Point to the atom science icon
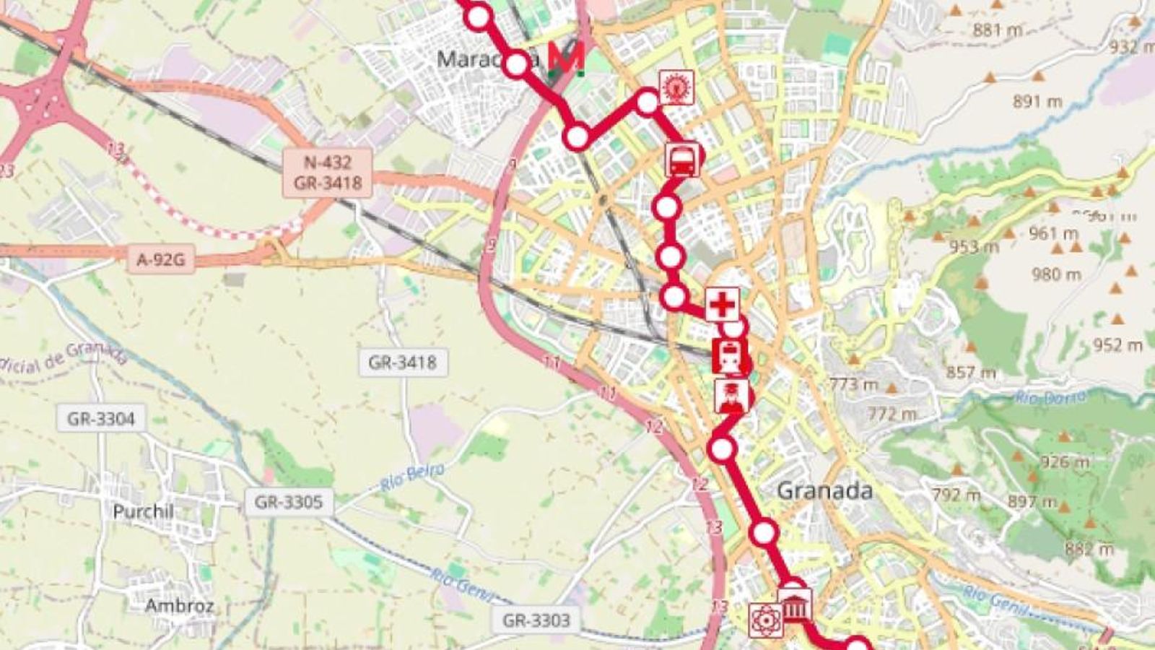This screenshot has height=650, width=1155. pyautogui.click(x=765, y=620)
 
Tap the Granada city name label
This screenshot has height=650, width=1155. pyautogui.click(x=824, y=491)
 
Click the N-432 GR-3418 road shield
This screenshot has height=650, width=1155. pyautogui.click(x=328, y=173)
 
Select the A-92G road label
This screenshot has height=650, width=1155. pyautogui.click(x=160, y=259)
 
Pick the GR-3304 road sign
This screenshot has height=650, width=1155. pyautogui.click(x=101, y=418)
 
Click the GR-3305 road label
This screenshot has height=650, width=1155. pyautogui.click(x=289, y=501)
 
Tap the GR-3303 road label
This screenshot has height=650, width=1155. pyautogui.click(x=536, y=620)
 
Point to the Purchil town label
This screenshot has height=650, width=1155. pyautogui.click(x=143, y=511)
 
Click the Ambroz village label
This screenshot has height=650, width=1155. pyautogui.click(x=179, y=604)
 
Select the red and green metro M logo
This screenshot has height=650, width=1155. pyautogui.click(x=566, y=59)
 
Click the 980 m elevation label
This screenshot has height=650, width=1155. pyautogui.click(x=1056, y=274)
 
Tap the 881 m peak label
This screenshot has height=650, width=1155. pyautogui.click(x=997, y=30)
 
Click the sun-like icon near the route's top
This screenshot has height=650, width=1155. pyautogui.click(x=676, y=87)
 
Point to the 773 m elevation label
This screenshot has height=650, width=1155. pyautogui.click(x=853, y=384)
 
